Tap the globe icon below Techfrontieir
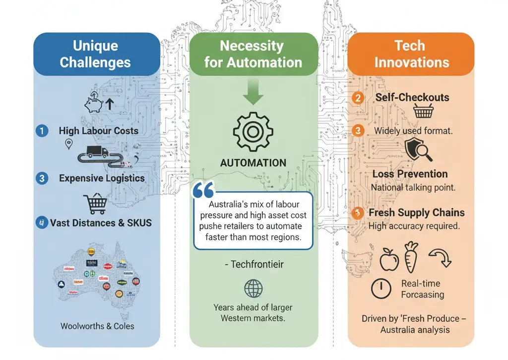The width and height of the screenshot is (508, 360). (x=254, y=288)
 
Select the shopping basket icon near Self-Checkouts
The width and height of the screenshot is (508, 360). (x=423, y=112)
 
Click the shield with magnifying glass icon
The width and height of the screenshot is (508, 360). (x=417, y=149)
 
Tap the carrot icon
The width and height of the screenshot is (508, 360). (x=411, y=257)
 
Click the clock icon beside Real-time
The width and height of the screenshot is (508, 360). (x=381, y=288)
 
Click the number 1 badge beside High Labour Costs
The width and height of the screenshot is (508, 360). (x=42, y=131)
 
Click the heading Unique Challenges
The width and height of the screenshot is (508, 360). (x=95, y=54)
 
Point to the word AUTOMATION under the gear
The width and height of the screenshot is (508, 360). (x=253, y=163)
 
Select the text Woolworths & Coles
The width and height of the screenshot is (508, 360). (x=97, y=326)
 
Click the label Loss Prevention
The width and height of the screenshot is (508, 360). (x=410, y=174)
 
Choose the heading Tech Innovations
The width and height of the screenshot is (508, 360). (x=411, y=54)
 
